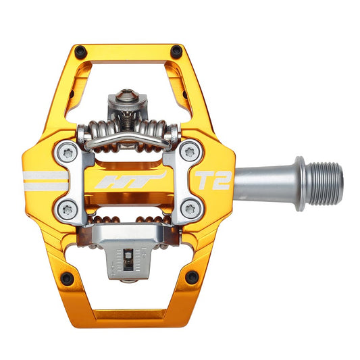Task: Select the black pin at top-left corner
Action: (x=80, y=51)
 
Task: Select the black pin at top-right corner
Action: (x=177, y=51)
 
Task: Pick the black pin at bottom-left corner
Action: (x=66, y=278)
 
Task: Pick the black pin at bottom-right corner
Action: (x=192, y=277)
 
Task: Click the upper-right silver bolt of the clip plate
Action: (x=190, y=152)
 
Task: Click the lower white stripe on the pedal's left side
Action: (x=45, y=186)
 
